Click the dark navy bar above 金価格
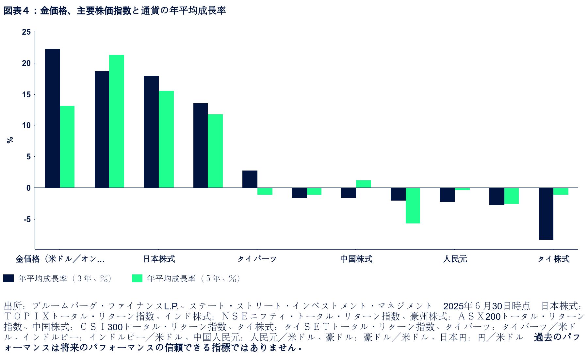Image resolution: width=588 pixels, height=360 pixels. click(x=52, y=118)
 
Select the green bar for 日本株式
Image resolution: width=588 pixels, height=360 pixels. click(x=166, y=139)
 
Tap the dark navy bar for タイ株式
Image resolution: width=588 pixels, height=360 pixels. click(x=546, y=214)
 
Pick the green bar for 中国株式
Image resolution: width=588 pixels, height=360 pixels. click(x=363, y=184)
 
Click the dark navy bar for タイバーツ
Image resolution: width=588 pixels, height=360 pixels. click(x=250, y=179)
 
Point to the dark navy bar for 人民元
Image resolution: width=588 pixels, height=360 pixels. click(x=447, y=195)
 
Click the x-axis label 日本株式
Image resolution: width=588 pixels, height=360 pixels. click(x=159, y=259)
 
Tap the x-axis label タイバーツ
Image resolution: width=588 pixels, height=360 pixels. click(x=257, y=259)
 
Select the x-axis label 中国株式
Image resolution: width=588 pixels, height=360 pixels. click(x=356, y=259)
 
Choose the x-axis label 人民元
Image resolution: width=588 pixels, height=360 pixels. click(x=455, y=259)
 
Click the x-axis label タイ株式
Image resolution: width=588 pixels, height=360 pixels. click(x=553, y=259)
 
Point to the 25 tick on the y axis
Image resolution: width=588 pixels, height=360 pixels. click(x=26, y=32)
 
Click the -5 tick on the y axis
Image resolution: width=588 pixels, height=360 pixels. click(x=26, y=219)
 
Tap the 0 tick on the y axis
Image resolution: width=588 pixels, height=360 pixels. click(x=28, y=188)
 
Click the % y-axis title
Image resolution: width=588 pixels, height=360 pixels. click(x=10, y=140)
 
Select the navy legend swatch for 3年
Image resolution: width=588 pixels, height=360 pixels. click(x=8, y=278)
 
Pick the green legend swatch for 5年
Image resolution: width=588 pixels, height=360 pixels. click(x=137, y=278)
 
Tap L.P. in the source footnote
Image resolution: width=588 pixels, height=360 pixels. click(x=171, y=306)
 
